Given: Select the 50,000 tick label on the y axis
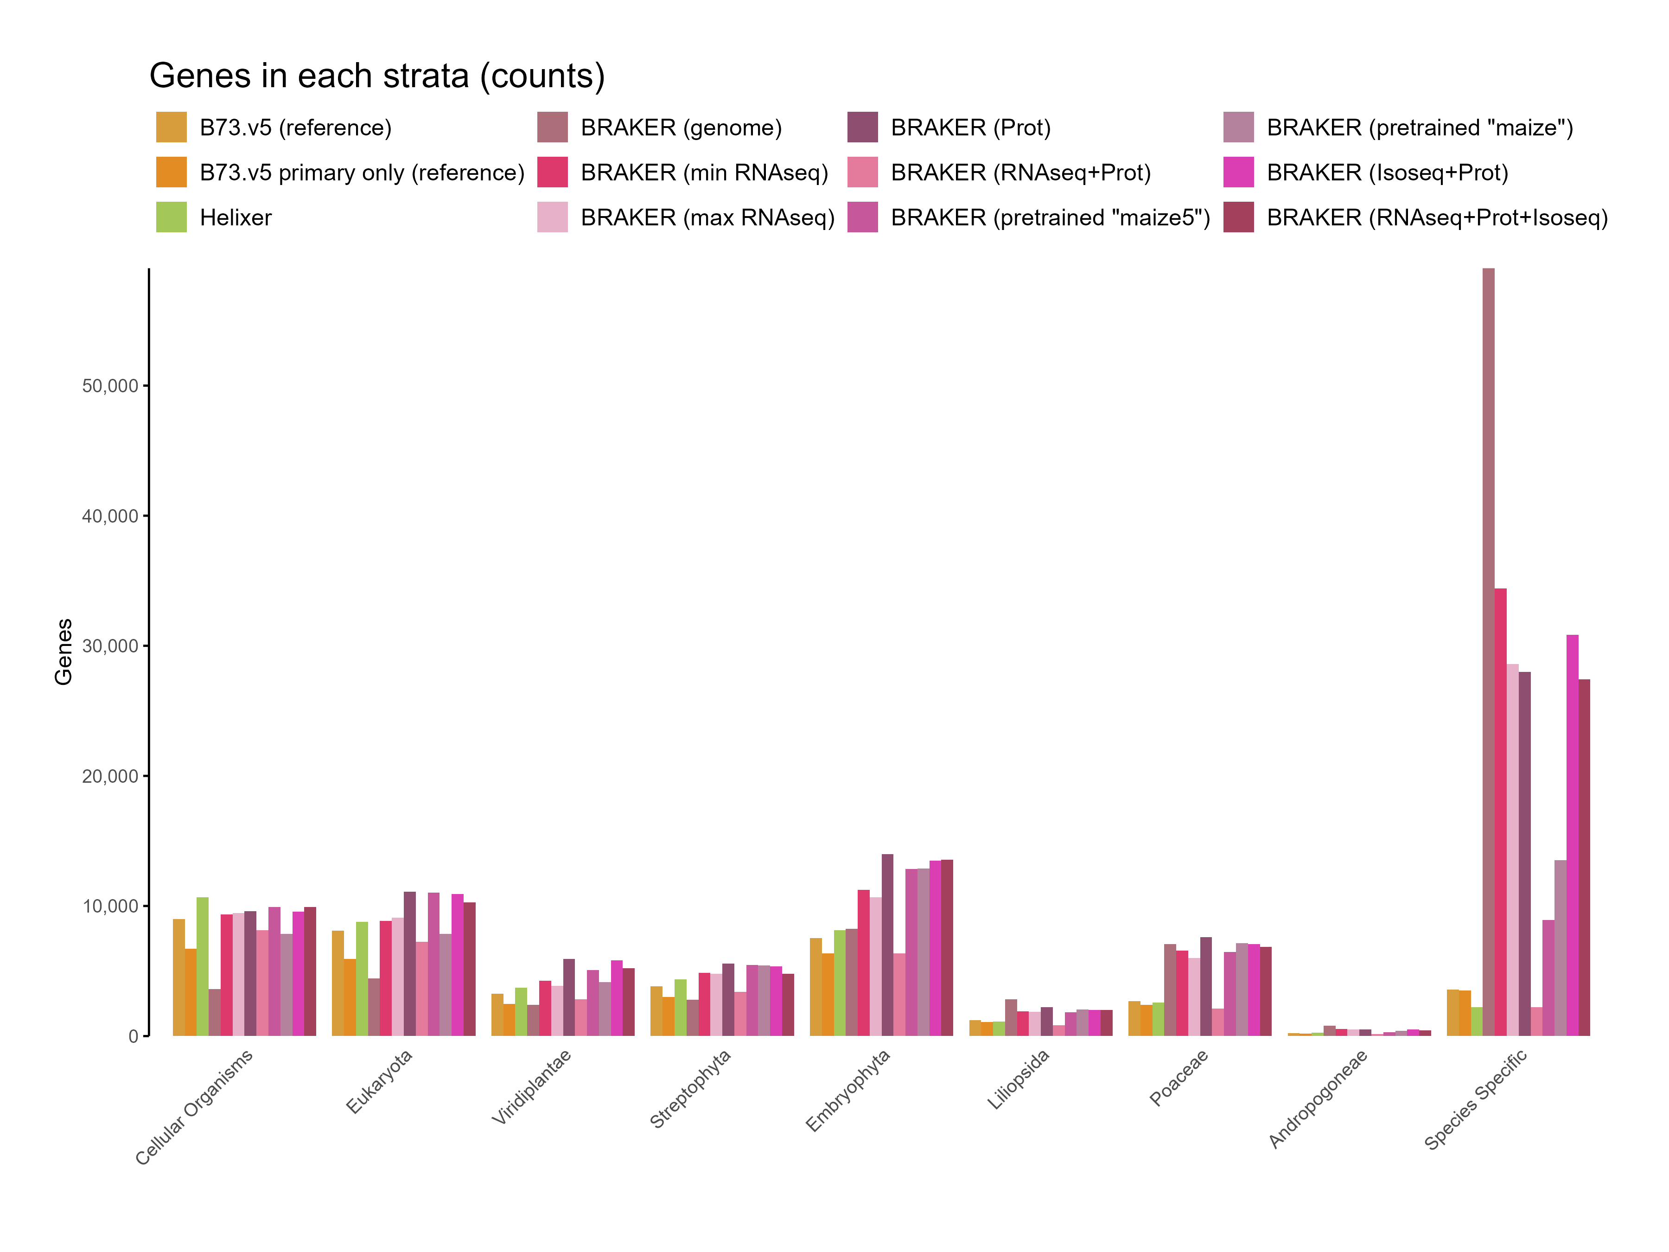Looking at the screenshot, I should point(110,386).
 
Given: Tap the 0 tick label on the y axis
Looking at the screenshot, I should point(133,1037).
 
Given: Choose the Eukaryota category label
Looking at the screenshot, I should point(380,1081).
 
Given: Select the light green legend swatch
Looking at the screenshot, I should point(171,217).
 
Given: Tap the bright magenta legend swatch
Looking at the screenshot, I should point(1238,172).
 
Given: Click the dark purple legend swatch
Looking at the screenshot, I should point(862,127).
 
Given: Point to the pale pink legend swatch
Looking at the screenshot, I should point(552,217).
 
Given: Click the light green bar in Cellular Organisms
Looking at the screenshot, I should point(202,966).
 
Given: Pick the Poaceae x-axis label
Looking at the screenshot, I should point(1178,1078).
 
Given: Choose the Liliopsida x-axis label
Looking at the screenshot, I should point(1018,1080).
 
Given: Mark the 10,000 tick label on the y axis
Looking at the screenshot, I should point(110,907).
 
